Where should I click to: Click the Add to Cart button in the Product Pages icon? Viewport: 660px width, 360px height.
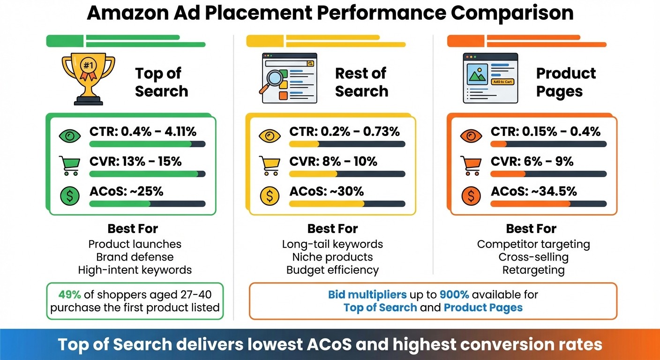pyautogui.click(x=502, y=82)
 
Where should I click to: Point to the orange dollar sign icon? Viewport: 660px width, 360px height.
pyautogui.click(x=470, y=196)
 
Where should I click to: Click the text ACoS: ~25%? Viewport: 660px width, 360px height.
pyautogui.click(x=126, y=191)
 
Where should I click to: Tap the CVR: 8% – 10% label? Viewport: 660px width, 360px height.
pyautogui.click(x=333, y=162)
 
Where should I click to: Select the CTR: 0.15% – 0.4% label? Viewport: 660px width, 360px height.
pyautogui.click(x=546, y=132)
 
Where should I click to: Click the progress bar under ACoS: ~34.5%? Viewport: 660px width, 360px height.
pyautogui.click(x=548, y=204)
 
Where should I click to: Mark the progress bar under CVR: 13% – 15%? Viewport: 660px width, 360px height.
pyautogui.click(x=147, y=174)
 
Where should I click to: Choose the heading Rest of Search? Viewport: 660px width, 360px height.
pyautogui.click(x=361, y=82)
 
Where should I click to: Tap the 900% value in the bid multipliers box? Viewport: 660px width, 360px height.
pyautogui.click(x=454, y=295)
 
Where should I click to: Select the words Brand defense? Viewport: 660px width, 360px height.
pyautogui.click(x=135, y=257)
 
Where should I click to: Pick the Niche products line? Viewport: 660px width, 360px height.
pyautogui.click(x=332, y=257)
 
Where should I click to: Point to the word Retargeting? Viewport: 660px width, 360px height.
pyautogui.click(x=533, y=270)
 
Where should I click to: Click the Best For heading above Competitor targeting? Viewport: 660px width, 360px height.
pyautogui.click(x=531, y=229)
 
